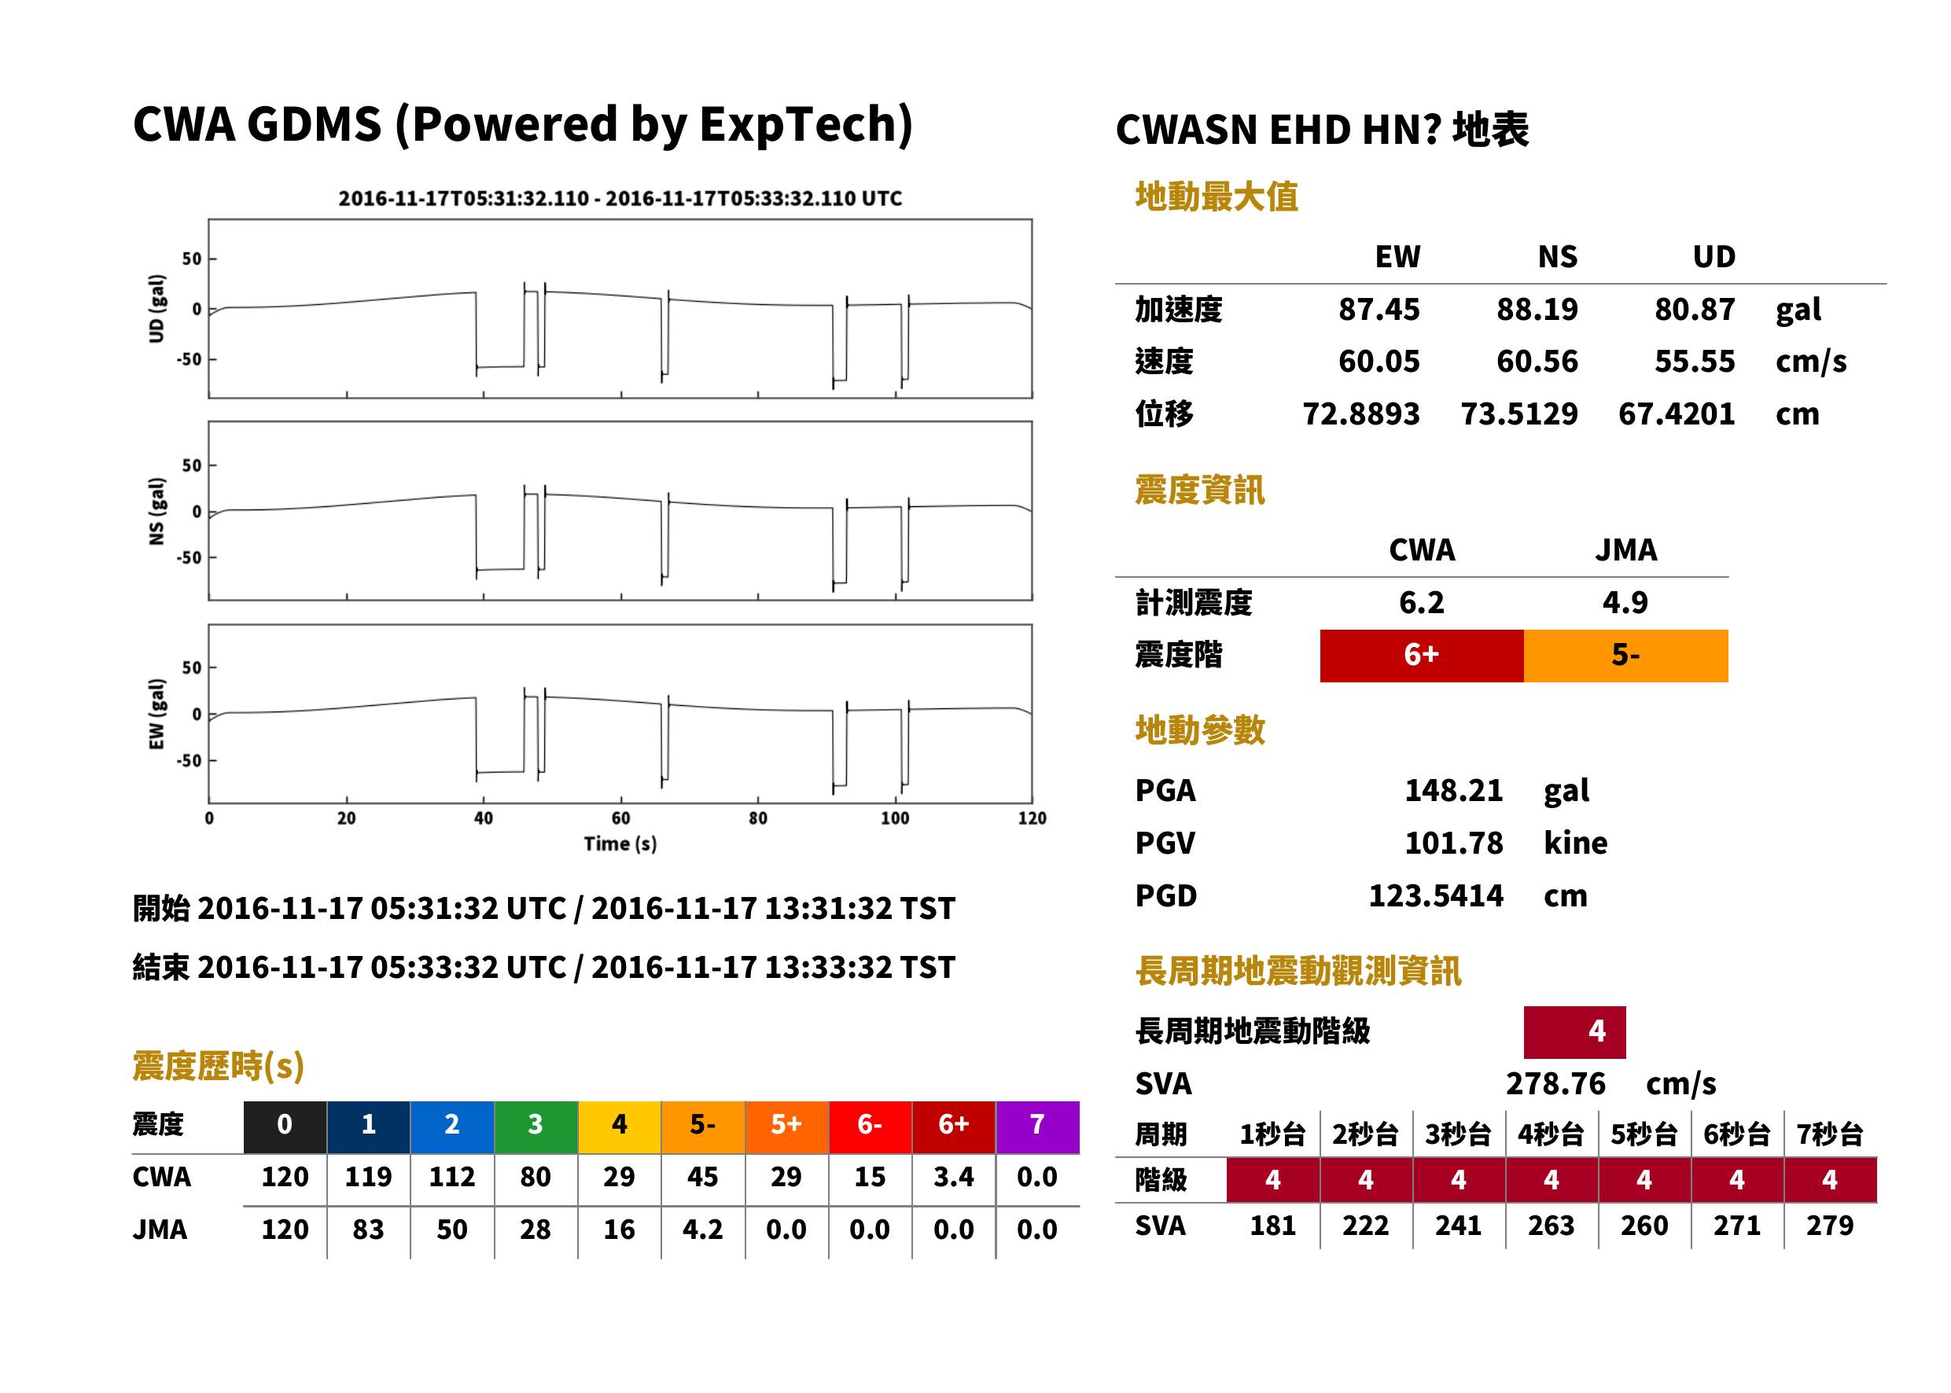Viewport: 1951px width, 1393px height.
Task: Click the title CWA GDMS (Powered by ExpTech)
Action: click(522, 124)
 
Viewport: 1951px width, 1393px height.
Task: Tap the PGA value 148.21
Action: click(1452, 790)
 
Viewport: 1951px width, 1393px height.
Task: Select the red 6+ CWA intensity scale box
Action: click(1421, 656)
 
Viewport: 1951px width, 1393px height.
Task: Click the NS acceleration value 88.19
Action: click(1537, 309)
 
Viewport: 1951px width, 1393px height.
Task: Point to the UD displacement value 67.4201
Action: click(1676, 413)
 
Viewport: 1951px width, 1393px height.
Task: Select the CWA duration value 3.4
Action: click(953, 1177)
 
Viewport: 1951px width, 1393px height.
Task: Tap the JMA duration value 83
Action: click(368, 1229)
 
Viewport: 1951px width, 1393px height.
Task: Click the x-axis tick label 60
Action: click(620, 818)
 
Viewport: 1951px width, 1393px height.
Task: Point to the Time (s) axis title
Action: click(620, 844)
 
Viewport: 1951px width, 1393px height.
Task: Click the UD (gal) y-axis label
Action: click(156, 309)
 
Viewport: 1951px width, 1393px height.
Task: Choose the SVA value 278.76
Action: click(1555, 1083)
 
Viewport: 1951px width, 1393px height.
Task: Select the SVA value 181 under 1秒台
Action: click(1272, 1226)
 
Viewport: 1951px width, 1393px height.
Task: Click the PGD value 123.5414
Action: click(1435, 895)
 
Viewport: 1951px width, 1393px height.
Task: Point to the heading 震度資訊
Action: click(1199, 490)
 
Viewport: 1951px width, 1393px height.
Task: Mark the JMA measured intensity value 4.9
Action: click(1625, 602)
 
